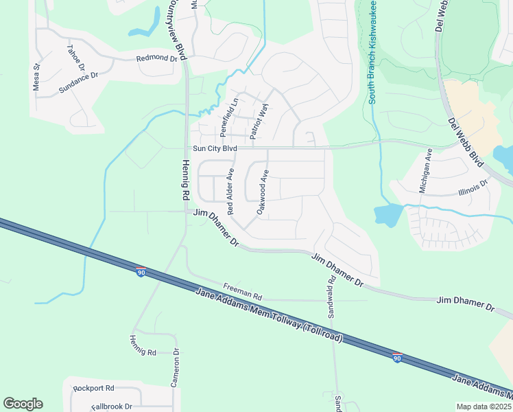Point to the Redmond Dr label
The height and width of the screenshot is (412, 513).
(157, 59)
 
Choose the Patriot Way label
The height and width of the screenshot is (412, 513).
(259, 123)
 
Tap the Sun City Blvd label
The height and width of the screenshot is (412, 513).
(215, 148)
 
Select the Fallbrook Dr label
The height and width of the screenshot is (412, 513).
(111, 407)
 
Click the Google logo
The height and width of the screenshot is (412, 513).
(23, 404)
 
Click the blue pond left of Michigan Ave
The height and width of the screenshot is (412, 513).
(387, 216)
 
